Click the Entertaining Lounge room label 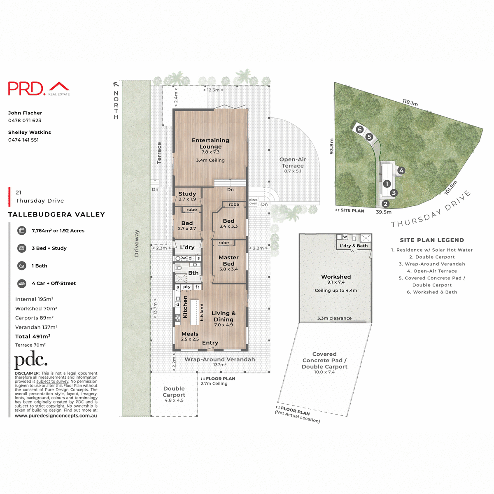(210, 144)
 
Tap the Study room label (187, 194)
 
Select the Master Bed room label (228, 261)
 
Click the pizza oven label (253, 202)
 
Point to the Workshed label (336, 277)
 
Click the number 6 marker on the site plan (359, 129)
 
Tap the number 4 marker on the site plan (401, 170)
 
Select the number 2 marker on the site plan (385, 203)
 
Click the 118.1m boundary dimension (410, 103)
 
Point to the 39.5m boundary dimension (384, 212)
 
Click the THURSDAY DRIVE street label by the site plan (431, 209)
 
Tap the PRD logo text (27, 89)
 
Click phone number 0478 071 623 (25, 121)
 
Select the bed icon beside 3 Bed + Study (22, 248)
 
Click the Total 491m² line (33, 336)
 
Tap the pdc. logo (31, 361)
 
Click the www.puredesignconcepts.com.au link (56, 416)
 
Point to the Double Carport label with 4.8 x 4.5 (174, 392)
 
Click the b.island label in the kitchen (202, 312)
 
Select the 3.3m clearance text (334, 318)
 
